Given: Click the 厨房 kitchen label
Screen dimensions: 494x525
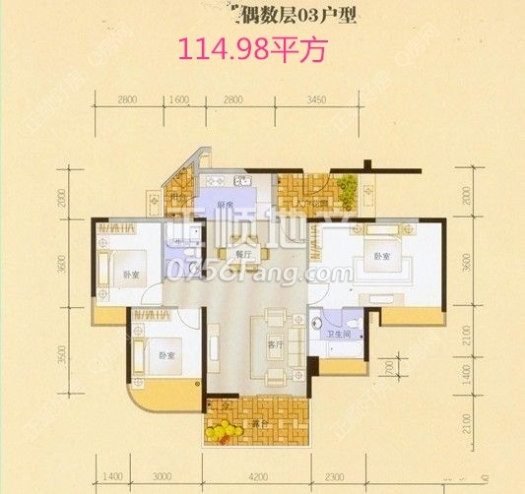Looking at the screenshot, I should pos(225,206).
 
